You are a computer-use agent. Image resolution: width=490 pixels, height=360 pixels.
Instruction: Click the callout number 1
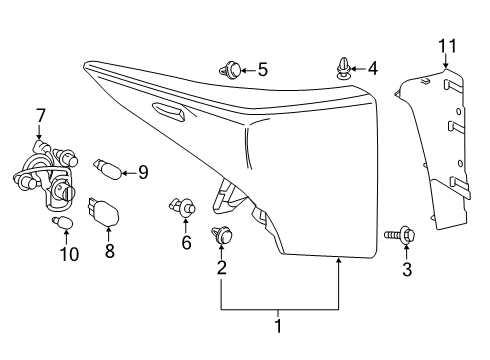[x=280, y=327]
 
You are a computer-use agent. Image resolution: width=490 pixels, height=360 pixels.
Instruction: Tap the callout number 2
[x=222, y=268]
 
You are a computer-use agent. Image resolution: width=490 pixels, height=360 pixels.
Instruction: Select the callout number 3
[x=407, y=269]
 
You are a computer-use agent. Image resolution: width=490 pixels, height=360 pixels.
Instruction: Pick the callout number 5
[x=262, y=70]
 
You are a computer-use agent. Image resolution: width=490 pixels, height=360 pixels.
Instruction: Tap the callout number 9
[x=142, y=172]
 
